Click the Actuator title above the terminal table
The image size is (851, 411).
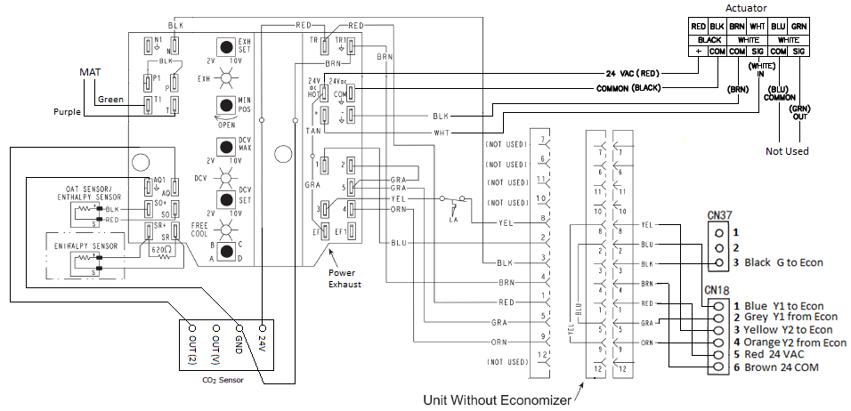[747, 8]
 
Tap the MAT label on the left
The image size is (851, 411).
[91, 71]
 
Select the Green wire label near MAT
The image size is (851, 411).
[110, 99]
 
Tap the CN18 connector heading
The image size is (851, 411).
[718, 290]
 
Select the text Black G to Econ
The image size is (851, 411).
[783, 263]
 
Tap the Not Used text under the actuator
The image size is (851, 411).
[788, 151]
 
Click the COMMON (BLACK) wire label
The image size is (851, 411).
[634, 89]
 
